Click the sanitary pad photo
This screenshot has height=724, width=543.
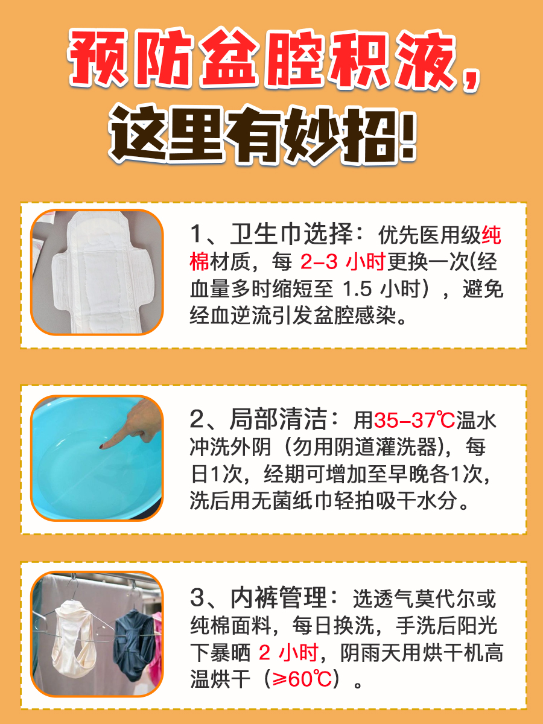pos(97,272)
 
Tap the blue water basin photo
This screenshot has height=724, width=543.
pos(97,458)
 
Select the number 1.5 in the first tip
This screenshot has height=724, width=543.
pos(358,290)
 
